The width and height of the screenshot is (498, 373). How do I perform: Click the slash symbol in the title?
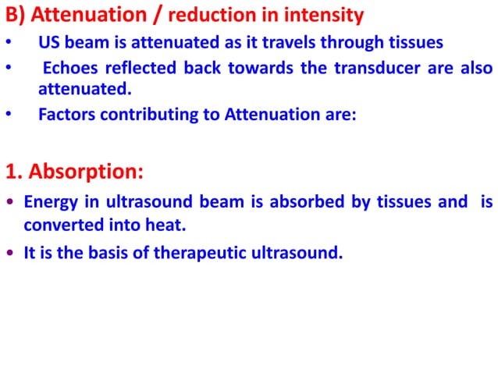[158, 14]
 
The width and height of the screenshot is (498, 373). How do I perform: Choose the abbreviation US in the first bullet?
[49, 41]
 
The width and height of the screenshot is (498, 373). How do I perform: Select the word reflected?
[141, 69]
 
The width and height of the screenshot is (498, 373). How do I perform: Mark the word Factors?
[65, 115]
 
